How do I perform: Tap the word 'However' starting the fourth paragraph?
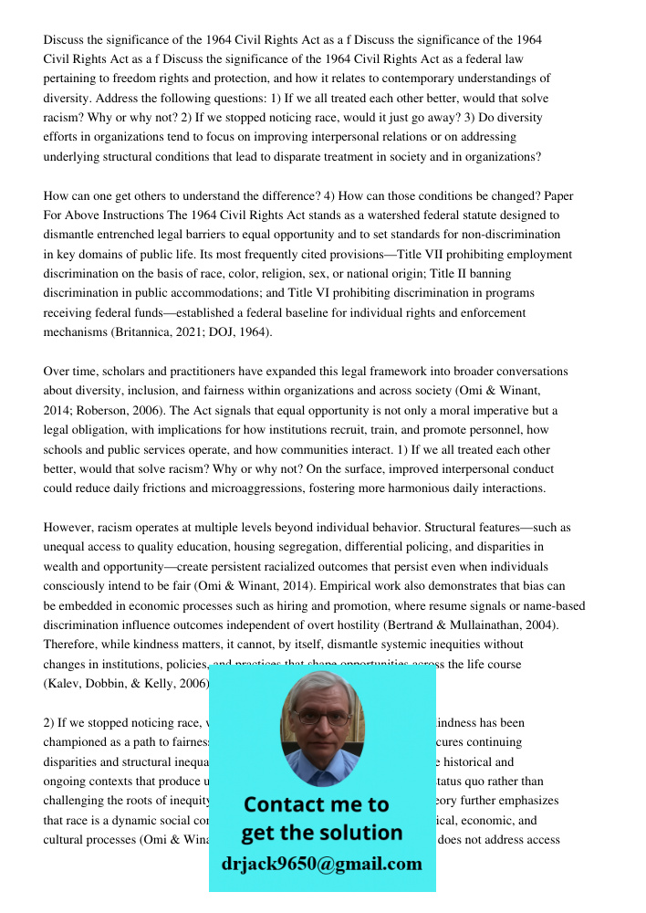tap(68, 528)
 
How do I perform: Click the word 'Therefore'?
tap(71, 645)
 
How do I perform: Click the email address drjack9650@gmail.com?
tap(322, 864)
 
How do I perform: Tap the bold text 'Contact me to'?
tap(316, 804)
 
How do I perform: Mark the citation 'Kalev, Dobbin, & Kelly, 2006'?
tap(126, 683)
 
